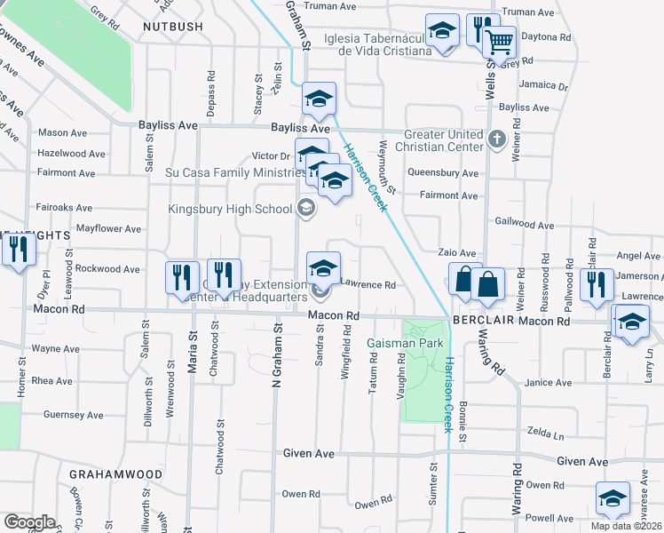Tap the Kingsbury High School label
tap(231, 210)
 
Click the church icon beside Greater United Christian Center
tap(497, 139)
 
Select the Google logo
tap(29, 522)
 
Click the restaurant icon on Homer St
tap(16, 250)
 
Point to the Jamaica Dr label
tap(545, 87)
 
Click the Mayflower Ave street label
tap(109, 228)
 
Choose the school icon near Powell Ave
tap(613, 499)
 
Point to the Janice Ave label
tap(548, 382)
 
